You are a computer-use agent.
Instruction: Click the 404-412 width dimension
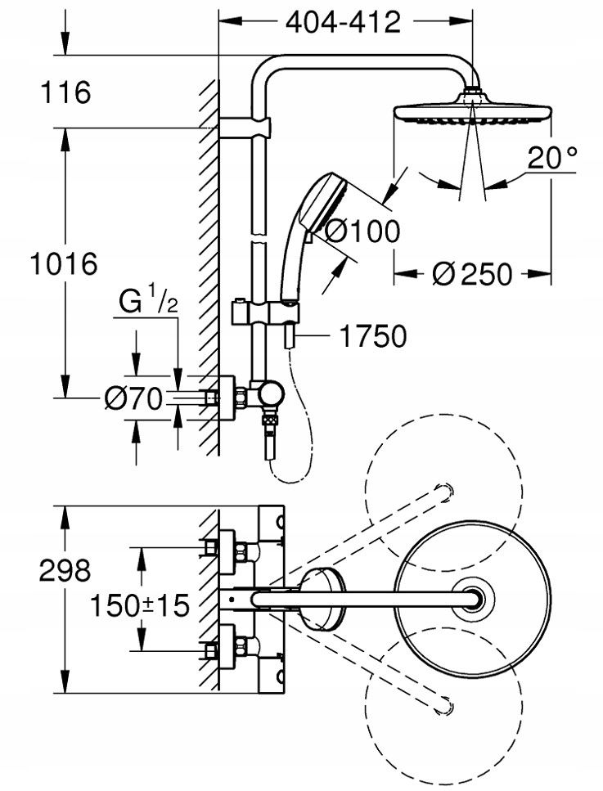[343, 23]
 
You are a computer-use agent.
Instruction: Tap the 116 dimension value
[65, 92]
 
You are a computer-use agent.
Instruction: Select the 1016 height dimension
[64, 264]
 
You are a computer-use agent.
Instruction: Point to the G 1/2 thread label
[148, 303]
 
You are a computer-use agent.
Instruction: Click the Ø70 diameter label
[133, 398]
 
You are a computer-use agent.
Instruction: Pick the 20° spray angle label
[552, 157]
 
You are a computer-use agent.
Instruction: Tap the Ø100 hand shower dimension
[362, 232]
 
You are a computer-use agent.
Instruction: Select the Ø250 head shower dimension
[472, 274]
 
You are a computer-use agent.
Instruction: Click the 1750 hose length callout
[373, 336]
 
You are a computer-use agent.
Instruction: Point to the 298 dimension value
[65, 570]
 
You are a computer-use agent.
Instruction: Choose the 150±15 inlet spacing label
[139, 604]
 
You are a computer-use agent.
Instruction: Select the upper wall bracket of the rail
[245, 128]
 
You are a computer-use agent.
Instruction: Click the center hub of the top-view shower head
[472, 600]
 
